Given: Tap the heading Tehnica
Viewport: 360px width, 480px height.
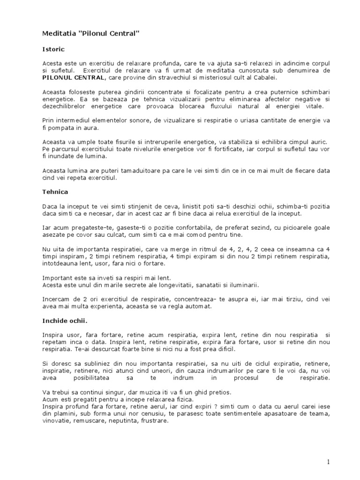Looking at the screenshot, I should tap(55, 192).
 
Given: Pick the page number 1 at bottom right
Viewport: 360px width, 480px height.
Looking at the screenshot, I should tap(329, 462).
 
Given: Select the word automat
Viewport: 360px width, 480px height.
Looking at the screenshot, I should tap(199, 307).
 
